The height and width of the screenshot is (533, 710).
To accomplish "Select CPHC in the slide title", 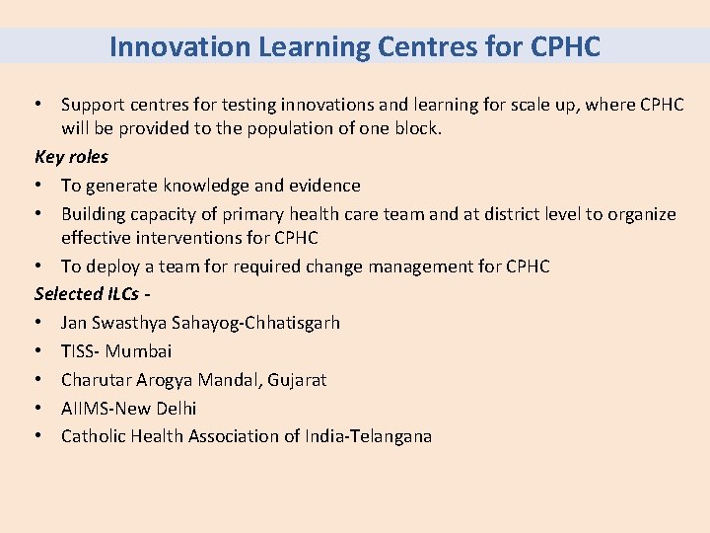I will click(564, 46).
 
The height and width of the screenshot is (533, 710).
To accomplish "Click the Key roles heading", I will click(71, 156).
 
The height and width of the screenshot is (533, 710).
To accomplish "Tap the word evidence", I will click(324, 185).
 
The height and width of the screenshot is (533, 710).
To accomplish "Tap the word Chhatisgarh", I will click(291, 322).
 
